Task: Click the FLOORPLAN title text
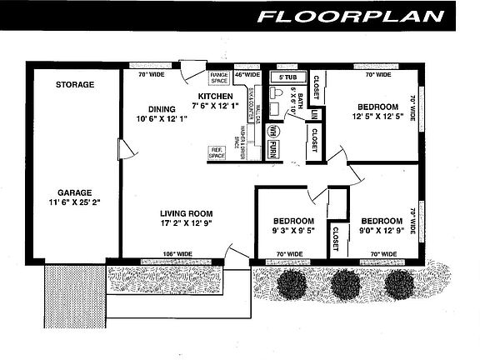click(361, 16)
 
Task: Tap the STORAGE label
click(75, 85)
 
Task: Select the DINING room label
click(162, 108)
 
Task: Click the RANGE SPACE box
click(219, 77)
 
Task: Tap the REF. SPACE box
click(217, 153)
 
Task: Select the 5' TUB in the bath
click(287, 77)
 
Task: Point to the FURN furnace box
click(273, 151)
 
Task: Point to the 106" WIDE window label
click(177, 253)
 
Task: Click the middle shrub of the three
click(343, 285)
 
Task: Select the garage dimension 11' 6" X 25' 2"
click(75, 202)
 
